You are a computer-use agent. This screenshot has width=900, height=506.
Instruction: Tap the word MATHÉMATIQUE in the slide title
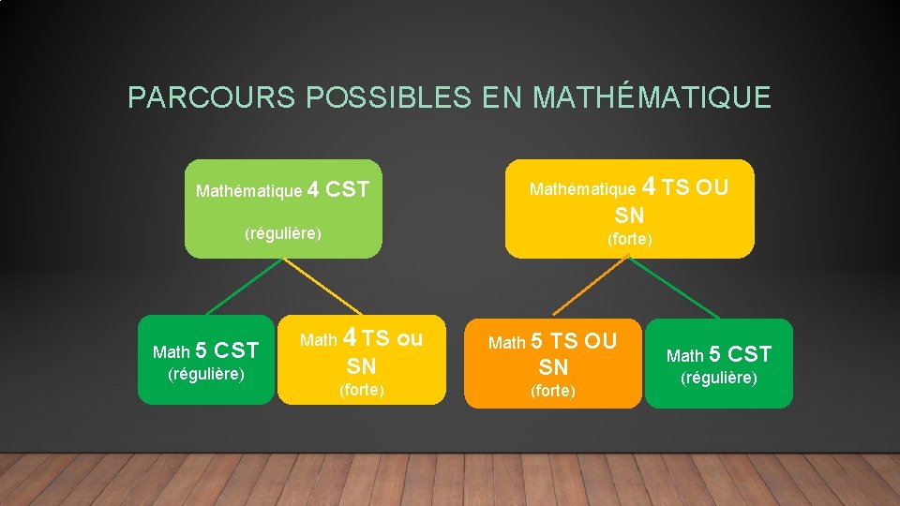[652, 97]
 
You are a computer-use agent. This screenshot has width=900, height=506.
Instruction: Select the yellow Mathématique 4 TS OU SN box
[629, 208]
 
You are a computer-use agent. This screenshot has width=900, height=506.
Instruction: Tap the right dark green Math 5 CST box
[718, 364]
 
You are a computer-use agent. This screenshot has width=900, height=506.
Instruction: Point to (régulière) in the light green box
[283, 232]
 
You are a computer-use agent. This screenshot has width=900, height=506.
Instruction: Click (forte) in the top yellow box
[629, 239]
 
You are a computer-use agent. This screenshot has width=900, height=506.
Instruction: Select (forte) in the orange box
[552, 391]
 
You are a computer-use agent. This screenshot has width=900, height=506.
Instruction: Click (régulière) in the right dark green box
[718, 379]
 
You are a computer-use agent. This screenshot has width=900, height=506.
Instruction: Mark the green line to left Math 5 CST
[243, 286]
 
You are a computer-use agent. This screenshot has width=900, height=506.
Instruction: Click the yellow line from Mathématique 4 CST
[323, 286]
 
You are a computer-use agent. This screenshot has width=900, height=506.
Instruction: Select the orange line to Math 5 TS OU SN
[589, 286]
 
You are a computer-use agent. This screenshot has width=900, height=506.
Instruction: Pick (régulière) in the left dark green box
[205, 375]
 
